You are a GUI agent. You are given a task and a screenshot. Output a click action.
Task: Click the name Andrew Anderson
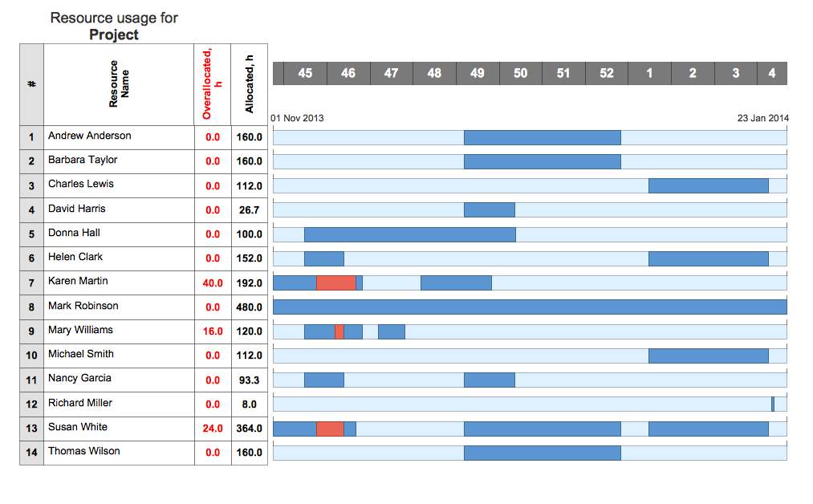(x=89, y=136)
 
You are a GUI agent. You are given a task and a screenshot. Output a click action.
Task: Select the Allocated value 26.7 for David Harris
(x=249, y=210)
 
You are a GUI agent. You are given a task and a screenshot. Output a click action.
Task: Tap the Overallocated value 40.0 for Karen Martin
(x=213, y=283)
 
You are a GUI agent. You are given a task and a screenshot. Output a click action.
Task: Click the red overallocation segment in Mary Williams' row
(x=339, y=331)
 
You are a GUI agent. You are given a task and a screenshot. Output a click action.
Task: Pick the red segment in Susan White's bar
(x=330, y=429)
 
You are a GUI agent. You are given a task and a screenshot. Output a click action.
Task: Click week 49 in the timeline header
(x=478, y=73)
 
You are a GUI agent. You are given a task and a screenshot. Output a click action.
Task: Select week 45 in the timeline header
(x=305, y=73)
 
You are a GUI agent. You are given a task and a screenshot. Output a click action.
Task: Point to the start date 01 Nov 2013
(x=298, y=118)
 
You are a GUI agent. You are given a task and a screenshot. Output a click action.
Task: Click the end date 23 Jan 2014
(x=762, y=118)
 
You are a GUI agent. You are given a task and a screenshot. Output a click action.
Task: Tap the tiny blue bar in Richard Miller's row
(x=773, y=404)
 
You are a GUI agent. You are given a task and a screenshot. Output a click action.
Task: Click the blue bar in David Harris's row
(x=490, y=210)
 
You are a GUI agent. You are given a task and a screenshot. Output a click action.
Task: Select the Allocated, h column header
(x=250, y=84)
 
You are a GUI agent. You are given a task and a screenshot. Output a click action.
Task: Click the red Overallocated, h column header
(x=213, y=84)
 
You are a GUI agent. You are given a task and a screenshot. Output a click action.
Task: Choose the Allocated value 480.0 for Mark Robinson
(x=249, y=307)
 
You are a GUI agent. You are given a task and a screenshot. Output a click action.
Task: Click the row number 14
(x=31, y=453)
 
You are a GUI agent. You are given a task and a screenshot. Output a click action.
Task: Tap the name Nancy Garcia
(x=79, y=378)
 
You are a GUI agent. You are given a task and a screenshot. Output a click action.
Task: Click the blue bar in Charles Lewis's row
(x=708, y=186)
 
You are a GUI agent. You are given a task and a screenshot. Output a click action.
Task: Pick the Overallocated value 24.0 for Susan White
(x=213, y=429)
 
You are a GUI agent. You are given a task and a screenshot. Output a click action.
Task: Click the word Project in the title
(x=114, y=35)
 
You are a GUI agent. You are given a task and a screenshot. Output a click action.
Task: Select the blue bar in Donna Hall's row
(x=409, y=234)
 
